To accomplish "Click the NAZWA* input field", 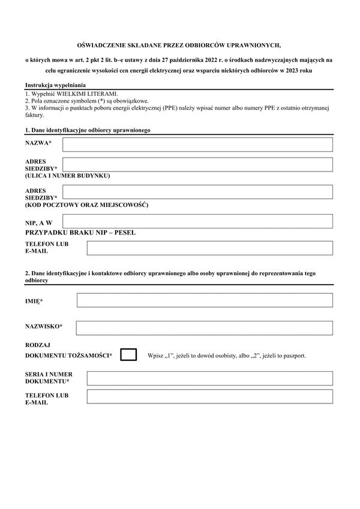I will tap(197, 144).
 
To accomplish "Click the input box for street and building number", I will tap(197, 165).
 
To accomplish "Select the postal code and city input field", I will tap(197, 192).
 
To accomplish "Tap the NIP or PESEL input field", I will tap(197, 221).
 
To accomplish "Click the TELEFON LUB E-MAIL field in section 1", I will tap(209, 248).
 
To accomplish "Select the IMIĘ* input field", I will tap(205, 300).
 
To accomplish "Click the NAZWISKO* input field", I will tap(204, 328).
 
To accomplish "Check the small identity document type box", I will tap(128, 355).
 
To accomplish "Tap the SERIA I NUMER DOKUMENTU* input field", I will tap(209, 378).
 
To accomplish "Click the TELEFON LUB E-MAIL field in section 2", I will tap(209, 397).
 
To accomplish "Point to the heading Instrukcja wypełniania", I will tap(56, 86).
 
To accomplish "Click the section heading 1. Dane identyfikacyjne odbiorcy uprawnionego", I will tap(88, 130).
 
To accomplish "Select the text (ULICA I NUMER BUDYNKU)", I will tap(67, 176).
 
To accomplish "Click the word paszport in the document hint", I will tap(292, 356).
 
